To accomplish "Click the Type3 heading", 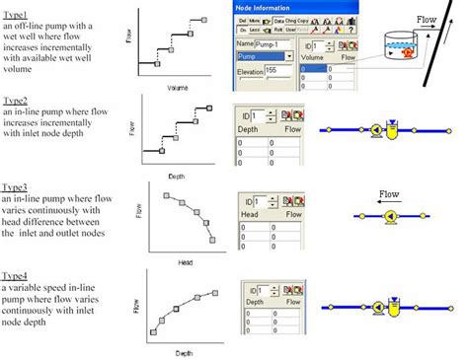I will [x=15, y=185].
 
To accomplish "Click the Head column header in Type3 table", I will [x=247, y=216].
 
